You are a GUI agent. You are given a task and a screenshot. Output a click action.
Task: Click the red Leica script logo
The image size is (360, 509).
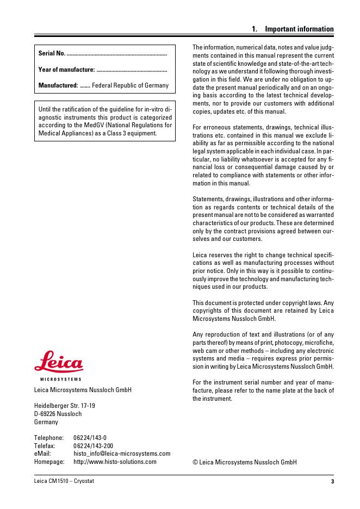click(x=58, y=364)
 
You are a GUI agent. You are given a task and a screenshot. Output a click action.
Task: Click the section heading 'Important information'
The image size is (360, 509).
click(x=299, y=29)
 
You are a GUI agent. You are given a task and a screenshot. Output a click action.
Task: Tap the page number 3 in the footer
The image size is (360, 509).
click(x=332, y=482)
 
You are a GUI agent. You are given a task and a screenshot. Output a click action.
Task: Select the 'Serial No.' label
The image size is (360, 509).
click(x=52, y=53)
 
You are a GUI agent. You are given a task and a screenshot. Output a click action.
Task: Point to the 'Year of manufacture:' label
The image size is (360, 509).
click(x=67, y=69)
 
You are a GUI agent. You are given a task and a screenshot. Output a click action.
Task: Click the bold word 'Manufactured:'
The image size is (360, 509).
click(x=58, y=85)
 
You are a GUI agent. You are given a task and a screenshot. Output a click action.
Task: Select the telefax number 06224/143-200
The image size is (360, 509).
click(x=93, y=446)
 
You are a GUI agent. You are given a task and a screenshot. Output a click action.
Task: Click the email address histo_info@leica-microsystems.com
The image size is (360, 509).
click(x=121, y=454)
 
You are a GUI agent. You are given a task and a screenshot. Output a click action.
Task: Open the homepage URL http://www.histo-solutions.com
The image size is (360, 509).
click(x=115, y=462)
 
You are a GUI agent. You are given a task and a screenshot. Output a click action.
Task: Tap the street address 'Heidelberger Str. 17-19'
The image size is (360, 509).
click(x=65, y=406)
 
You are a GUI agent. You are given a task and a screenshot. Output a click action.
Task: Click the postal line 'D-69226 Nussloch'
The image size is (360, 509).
click(x=58, y=414)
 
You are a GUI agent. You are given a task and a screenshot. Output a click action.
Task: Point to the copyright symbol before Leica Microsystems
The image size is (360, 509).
click(x=195, y=462)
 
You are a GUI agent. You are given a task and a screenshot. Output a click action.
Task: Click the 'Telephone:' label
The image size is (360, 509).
click(x=48, y=438)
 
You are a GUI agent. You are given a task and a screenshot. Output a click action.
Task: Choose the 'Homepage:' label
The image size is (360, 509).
click(x=49, y=462)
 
